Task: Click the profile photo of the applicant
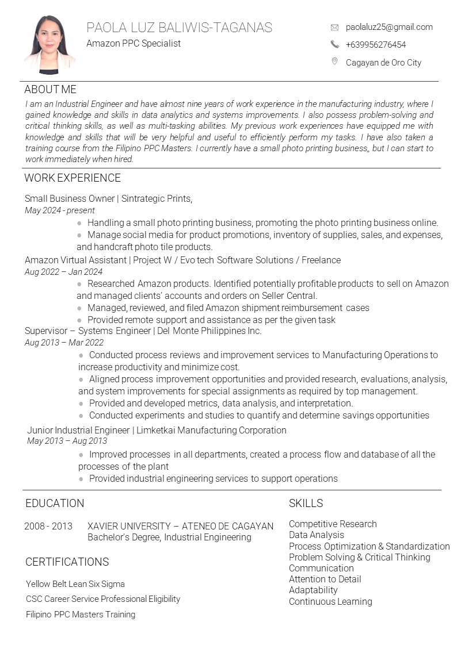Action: pyautogui.click(x=49, y=45)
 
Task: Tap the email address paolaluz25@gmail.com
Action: pyautogui.click(x=389, y=27)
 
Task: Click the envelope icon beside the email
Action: pyautogui.click(x=334, y=27)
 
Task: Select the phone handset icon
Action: pyautogui.click(x=334, y=44)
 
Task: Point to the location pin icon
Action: pyautogui.click(x=334, y=62)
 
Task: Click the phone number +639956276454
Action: pyautogui.click(x=375, y=45)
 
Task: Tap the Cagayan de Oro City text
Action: pyautogui.click(x=383, y=63)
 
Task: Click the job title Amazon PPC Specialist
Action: pyautogui.click(x=134, y=43)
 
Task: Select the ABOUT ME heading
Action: pyautogui.click(x=50, y=90)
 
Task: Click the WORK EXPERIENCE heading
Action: pyautogui.click(x=73, y=178)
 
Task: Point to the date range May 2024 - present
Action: pyautogui.click(x=59, y=210)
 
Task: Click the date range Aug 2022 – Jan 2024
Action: pyautogui.click(x=63, y=272)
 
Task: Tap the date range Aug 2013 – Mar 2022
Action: pyautogui.click(x=64, y=343)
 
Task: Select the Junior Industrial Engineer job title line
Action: pyautogui.click(x=157, y=430)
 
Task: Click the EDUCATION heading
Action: pyautogui.click(x=55, y=504)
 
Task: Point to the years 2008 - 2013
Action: pyautogui.click(x=48, y=526)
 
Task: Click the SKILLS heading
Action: pyautogui.click(x=306, y=504)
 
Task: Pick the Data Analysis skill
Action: pyautogui.click(x=316, y=535)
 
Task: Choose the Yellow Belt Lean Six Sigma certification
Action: pyautogui.click(x=75, y=584)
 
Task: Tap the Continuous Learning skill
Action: pyautogui.click(x=330, y=602)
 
